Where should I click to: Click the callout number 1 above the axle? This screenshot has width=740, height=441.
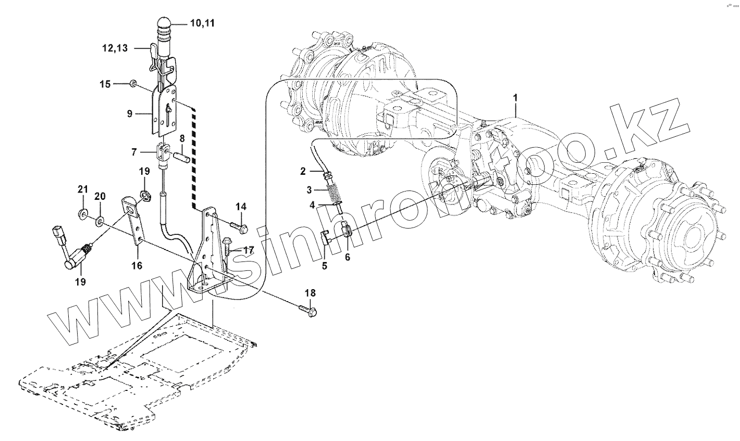(x=515, y=98)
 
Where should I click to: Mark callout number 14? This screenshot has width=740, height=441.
(x=240, y=207)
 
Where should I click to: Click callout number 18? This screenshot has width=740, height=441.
(x=310, y=293)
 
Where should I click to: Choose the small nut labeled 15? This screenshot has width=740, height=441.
(x=133, y=84)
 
